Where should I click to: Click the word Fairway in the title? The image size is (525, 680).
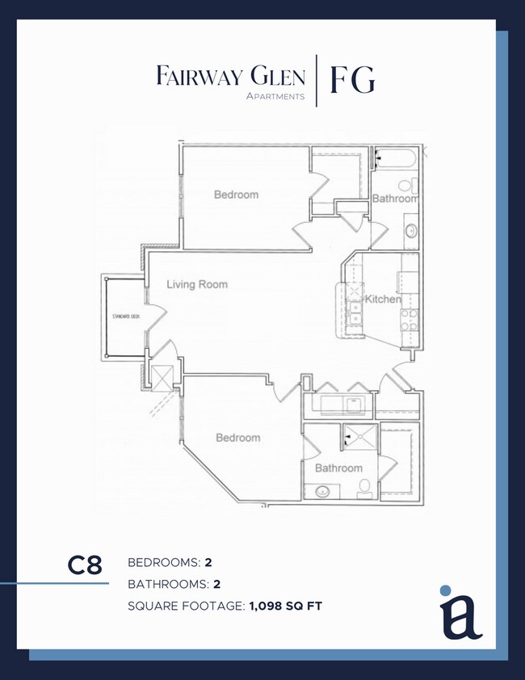tap(198, 78)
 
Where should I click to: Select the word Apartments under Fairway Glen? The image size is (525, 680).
tap(275, 96)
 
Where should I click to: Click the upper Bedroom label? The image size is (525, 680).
tap(236, 195)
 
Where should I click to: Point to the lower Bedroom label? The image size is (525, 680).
tap(237, 438)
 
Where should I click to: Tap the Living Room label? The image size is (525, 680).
tap(197, 284)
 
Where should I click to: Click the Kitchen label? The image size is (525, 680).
tap(382, 300)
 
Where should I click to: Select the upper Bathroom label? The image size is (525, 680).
tap(395, 199)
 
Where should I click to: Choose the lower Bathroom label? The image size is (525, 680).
tap(338, 468)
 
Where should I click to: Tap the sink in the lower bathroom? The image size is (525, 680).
tap(322, 491)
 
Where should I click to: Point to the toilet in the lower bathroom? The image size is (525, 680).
tap(365, 487)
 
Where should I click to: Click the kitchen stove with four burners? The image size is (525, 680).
tap(408, 319)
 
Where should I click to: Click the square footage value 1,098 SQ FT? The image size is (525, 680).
tap(284, 606)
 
